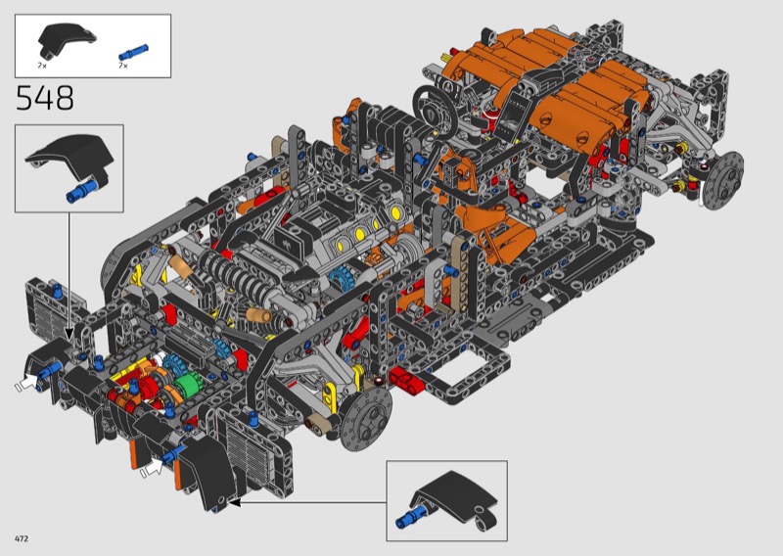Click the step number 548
tap(45, 98)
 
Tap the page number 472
tap(22, 538)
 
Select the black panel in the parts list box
tap(67, 39)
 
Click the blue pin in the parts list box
tap(133, 52)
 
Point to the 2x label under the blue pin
tap(123, 66)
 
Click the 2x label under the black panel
tap(42, 66)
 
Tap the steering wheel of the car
tap(435, 108)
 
